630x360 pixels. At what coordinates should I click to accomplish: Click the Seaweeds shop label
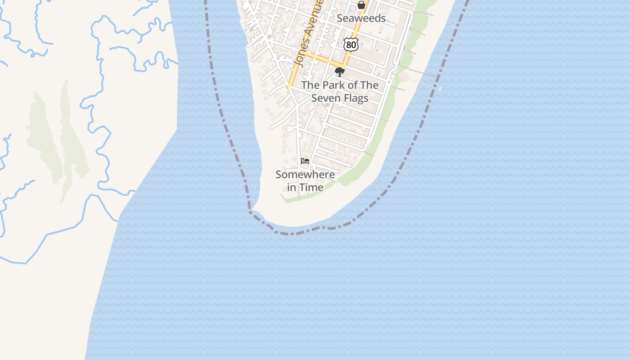[x=361, y=18]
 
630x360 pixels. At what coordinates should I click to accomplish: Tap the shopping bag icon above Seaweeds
[x=361, y=5]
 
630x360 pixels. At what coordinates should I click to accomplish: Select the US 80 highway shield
[x=351, y=44]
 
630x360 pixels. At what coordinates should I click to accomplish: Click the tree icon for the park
[x=340, y=72]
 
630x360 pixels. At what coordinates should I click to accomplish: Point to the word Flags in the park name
[x=356, y=98]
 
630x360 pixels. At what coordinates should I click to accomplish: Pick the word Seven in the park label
[x=325, y=98]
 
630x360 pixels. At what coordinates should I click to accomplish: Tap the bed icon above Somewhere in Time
[x=305, y=161]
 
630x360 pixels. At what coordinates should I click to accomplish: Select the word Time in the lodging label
[x=313, y=187]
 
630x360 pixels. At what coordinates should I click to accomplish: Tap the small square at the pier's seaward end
[x=440, y=89]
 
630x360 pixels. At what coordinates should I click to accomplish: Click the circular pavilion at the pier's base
[x=404, y=77]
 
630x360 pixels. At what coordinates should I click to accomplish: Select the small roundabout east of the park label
[x=389, y=82]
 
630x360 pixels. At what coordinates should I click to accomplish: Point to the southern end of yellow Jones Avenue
[x=288, y=87]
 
